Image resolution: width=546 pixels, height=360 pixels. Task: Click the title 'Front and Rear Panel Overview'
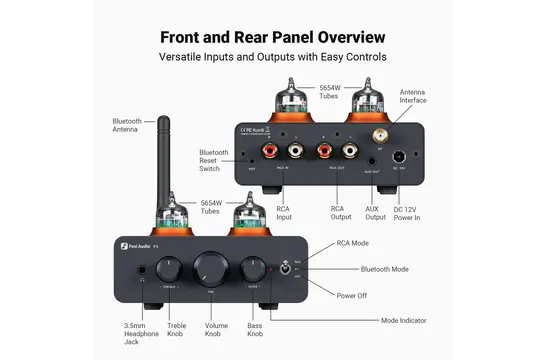(x=273, y=37)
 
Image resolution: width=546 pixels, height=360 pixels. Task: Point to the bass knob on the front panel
(x=251, y=267)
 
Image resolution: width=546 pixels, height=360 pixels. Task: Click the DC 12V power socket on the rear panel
(x=398, y=155)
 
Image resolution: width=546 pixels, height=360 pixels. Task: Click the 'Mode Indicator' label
(x=404, y=320)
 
